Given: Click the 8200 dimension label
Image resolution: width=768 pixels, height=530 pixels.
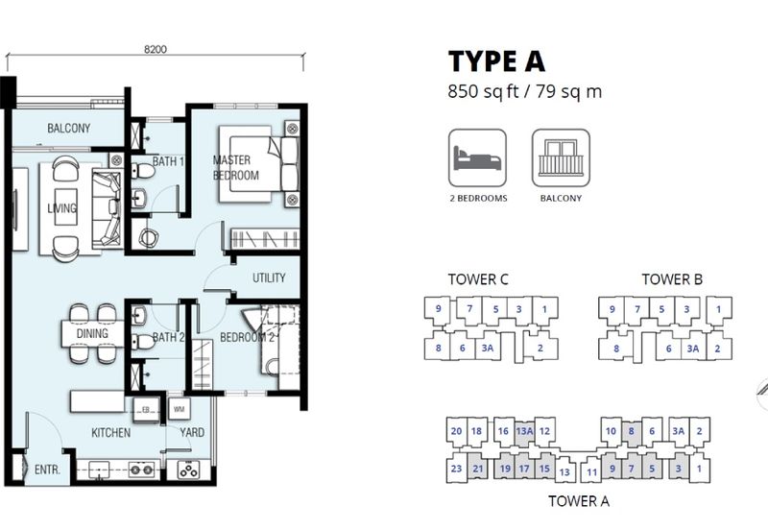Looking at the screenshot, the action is click(156, 49).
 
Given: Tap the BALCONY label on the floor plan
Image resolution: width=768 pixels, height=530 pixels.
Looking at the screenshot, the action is click(68, 129).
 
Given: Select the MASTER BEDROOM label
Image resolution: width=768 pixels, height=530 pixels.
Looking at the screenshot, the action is click(235, 167).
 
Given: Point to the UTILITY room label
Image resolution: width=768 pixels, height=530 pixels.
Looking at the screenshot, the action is click(269, 277).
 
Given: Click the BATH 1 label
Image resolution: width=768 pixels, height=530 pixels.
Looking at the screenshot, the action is click(168, 161).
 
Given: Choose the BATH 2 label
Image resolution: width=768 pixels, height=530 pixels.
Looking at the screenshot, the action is click(168, 337).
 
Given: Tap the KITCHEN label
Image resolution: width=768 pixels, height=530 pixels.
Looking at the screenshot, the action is click(111, 432).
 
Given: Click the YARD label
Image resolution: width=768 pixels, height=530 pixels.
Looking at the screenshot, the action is click(192, 432).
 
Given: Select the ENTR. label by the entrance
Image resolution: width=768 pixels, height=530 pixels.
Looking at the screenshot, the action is click(47, 470).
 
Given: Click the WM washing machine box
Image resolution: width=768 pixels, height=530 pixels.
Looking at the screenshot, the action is click(179, 409).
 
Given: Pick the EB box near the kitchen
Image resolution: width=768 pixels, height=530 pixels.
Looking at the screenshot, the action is click(146, 409).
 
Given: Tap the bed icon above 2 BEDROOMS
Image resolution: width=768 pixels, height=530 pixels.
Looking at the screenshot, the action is click(477, 157).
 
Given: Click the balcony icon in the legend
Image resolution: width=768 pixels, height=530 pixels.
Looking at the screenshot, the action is click(561, 157).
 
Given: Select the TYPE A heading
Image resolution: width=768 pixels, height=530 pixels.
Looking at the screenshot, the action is click(496, 61).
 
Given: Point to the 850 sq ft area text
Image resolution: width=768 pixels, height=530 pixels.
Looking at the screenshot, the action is click(483, 91).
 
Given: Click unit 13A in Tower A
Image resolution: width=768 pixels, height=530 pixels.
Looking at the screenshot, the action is click(524, 431).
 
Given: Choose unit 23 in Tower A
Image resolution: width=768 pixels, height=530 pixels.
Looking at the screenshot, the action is click(456, 469).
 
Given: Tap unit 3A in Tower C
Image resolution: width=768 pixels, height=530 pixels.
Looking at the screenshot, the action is click(488, 348).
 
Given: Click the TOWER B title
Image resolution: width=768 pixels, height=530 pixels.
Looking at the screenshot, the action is click(672, 279).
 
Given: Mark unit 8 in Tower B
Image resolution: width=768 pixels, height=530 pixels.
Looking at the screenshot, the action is click(616, 349).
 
